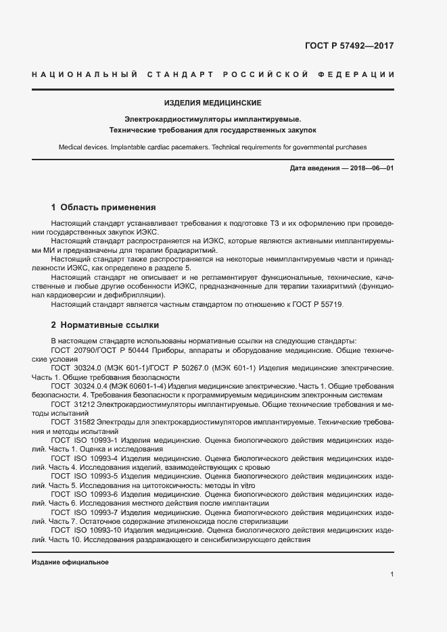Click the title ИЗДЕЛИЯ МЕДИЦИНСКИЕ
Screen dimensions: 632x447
(x=213, y=103)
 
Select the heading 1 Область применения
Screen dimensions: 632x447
(x=103, y=208)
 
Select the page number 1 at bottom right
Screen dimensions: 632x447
(x=392, y=575)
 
